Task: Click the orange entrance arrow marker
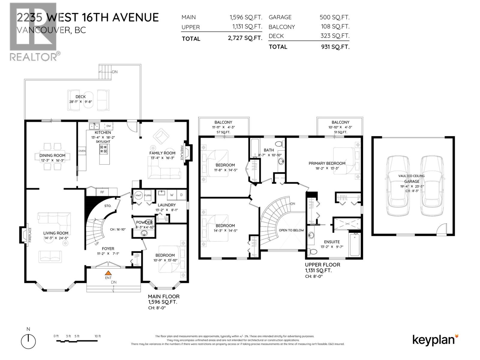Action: click(x=108, y=273)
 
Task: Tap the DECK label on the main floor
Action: click(x=80, y=97)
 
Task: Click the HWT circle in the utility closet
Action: click(x=138, y=195)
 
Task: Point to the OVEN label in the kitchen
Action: click(x=82, y=151)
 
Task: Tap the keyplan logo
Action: click(x=435, y=340)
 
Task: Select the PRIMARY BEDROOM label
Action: click(x=327, y=163)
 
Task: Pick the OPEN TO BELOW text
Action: click(x=291, y=230)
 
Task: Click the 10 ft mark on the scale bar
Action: click(x=97, y=336)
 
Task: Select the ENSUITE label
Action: click(x=332, y=242)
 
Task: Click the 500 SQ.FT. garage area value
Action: click(x=334, y=17)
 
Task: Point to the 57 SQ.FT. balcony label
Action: click(x=223, y=132)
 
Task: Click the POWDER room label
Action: click(x=144, y=222)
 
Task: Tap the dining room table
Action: click(x=52, y=156)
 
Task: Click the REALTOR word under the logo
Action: click(x=33, y=57)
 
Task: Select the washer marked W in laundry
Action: click(x=172, y=195)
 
